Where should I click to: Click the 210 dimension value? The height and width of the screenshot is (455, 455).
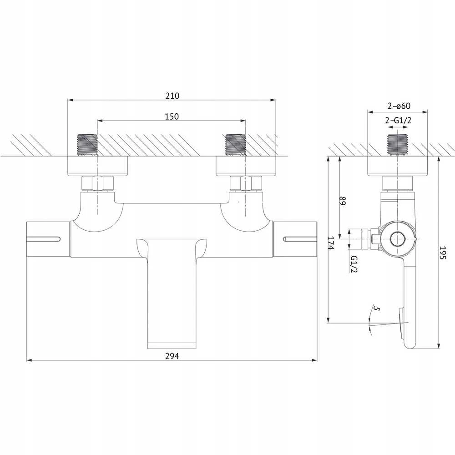[172, 96]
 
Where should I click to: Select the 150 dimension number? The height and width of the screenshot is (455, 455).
[172, 116]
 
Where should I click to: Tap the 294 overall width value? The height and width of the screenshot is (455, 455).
[172, 356]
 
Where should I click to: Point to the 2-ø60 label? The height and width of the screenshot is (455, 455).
[399, 106]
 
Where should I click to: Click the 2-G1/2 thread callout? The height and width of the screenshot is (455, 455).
[398, 120]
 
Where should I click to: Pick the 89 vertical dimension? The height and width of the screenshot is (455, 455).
[343, 201]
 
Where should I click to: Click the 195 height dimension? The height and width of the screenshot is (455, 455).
[443, 253]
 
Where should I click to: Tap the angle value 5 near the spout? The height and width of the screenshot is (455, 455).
[376, 309]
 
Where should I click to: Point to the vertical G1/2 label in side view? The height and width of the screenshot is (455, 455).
[354, 264]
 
